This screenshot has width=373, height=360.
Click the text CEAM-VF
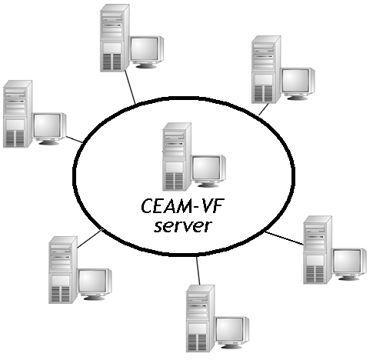tap(182, 206)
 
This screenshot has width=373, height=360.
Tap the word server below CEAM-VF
tap(183, 226)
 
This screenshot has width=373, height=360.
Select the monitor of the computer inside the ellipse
tap(209, 171)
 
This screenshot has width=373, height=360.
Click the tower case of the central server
tap(177, 156)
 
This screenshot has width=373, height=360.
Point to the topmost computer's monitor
tap(147, 52)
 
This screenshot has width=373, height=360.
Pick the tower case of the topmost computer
tap(115, 38)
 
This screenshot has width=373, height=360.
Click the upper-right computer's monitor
tap(298, 84)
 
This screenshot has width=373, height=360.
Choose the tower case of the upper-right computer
tap(266, 69)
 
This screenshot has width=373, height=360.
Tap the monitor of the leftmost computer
tap(49, 128)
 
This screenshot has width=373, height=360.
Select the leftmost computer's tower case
tap(18, 114)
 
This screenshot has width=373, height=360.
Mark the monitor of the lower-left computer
tap(95, 285)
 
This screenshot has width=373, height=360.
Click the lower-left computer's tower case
tap(63, 270)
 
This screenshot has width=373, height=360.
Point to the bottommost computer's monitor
tap(232, 333)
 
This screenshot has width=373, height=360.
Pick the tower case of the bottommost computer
tap(201, 318)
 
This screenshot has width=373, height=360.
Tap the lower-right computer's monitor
tap(349, 264)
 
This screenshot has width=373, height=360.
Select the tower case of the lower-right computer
tap(318, 250)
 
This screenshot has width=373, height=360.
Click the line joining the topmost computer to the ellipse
tap(130, 87)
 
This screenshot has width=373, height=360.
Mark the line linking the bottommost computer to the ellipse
tap(198, 271)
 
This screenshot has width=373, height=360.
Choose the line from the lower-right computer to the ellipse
tap(285, 238)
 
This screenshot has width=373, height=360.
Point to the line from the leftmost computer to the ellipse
tap(75, 139)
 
